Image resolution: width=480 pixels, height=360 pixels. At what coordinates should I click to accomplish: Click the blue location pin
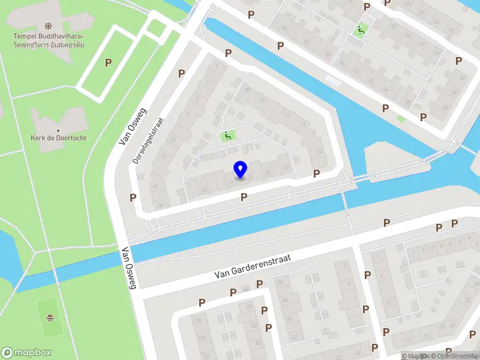240,169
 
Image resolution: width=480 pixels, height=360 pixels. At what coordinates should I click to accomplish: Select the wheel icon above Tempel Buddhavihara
48,26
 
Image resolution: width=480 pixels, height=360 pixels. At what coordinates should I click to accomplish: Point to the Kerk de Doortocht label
58,137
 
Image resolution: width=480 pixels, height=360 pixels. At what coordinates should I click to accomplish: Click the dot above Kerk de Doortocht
58,130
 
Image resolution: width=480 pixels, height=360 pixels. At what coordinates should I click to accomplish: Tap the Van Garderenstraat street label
253,266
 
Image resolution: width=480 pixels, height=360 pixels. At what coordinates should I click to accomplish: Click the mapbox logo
26,353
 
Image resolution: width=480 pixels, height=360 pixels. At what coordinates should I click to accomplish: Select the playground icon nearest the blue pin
228,136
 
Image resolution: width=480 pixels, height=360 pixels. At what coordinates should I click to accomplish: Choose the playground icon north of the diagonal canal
361,29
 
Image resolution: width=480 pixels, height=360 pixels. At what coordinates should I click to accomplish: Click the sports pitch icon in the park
50,317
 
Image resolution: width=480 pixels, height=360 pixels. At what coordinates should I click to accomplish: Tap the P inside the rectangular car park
108,62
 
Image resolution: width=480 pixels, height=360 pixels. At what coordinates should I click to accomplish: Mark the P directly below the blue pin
244,197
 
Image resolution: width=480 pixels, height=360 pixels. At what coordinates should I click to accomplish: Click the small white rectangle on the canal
332,80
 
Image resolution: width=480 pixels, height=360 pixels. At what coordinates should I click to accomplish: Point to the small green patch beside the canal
401,119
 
